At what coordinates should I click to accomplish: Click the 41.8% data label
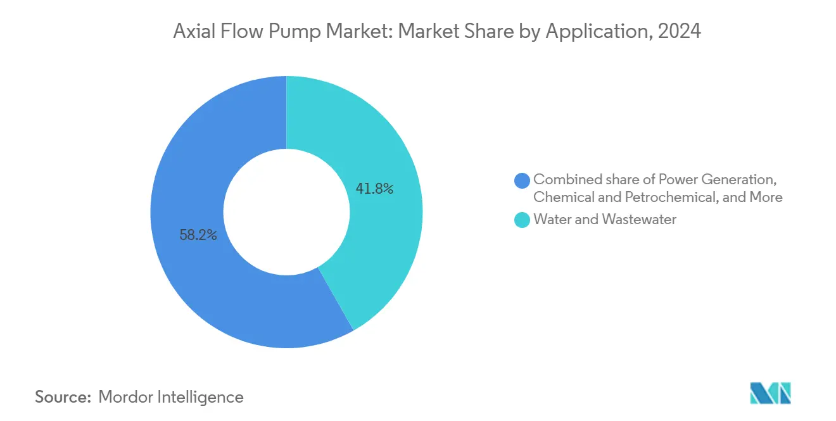pyautogui.click(x=374, y=188)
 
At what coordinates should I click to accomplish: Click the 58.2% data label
pyautogui.click(x=198, y=236)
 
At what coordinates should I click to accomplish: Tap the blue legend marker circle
pyautogui.click(x=522, y=180)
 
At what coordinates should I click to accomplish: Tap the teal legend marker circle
pyautogui.click(x=522, y=220)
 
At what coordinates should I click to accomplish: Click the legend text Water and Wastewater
pyautogui.click(x=605, y=220)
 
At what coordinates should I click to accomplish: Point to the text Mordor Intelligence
pyautogui.click(x=171, y=397)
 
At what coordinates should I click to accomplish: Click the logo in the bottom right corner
pyautogui.click(x=770, y=393)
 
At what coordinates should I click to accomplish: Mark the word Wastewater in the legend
pyautogui.click(x=640, y=220)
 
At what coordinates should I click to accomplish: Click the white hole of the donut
pyautogui.click(x=286, y=212)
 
